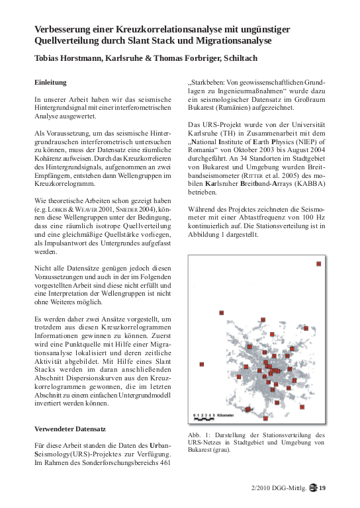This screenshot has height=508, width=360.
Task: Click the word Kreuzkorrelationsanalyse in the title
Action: point(148,29)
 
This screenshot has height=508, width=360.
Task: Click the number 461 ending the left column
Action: point(166,463)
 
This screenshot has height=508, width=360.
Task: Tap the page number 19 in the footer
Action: point(322,489)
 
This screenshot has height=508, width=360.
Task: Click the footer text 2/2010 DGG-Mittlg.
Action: point(278,489)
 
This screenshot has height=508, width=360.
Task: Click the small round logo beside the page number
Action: point(312,489)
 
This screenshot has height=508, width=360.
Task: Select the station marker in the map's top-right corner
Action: point(319,264)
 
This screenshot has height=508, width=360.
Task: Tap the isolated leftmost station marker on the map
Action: point(201,364)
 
